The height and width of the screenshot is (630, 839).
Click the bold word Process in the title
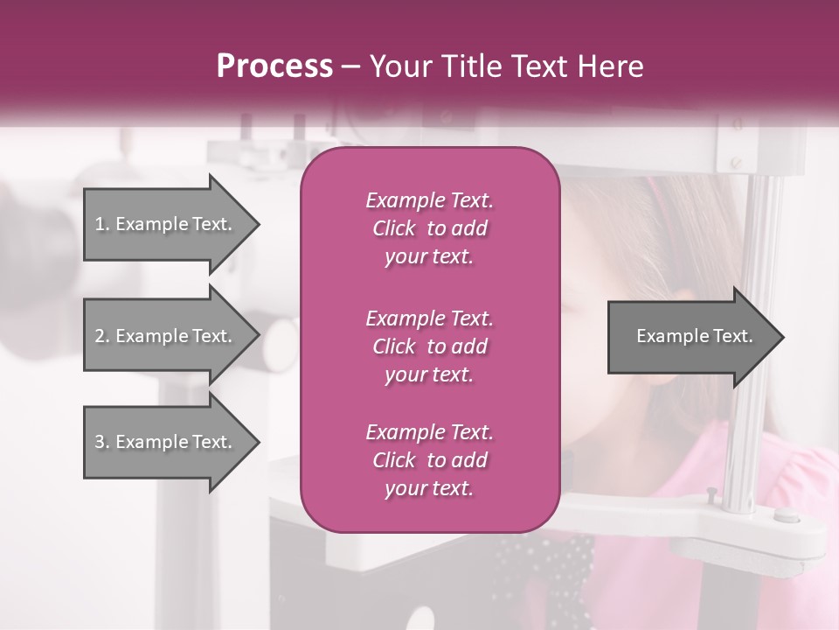(x=274, y=66)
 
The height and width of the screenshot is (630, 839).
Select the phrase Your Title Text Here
(x=507, y=66)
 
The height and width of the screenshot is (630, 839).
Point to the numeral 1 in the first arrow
(x=100, y=225)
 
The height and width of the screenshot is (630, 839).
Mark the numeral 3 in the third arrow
(x=100, y=443)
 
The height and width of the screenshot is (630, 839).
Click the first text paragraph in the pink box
(x=429, y=228)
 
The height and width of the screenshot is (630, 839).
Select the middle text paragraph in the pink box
(x=429, y=346)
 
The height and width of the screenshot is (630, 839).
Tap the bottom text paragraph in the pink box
(x=429, y=460)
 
